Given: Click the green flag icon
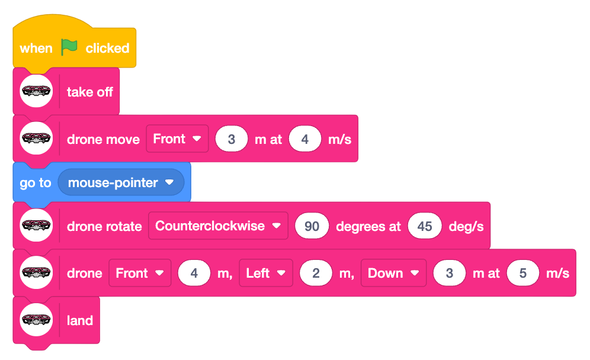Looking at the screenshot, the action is [69, 47].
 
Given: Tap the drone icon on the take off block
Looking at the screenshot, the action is [36, 91].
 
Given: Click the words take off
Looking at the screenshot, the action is [90, 92].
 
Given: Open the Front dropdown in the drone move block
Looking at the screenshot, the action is [177, 139].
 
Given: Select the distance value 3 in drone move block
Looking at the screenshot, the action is [232, 139].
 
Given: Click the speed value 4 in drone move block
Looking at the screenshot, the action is [305, 139].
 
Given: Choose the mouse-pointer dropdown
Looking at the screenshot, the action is [121, 182].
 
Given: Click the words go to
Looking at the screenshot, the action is [36, 183].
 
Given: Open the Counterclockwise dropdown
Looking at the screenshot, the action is [218, 226].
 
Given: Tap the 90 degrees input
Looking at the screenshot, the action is [312, 226].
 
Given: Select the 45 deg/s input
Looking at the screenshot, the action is [425, 226].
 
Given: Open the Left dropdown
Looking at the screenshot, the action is [266, 273].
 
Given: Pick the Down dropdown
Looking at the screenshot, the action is [393, 273].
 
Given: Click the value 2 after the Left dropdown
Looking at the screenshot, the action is [316, 273].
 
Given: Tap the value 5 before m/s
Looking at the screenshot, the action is [522, 273].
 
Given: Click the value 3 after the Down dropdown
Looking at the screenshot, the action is [449, 273].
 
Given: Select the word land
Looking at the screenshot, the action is [80, 320].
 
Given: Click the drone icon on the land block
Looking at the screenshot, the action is [36, 320].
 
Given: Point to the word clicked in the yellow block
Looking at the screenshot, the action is [107, 48].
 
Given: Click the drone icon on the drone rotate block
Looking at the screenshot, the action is [36, 226].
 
